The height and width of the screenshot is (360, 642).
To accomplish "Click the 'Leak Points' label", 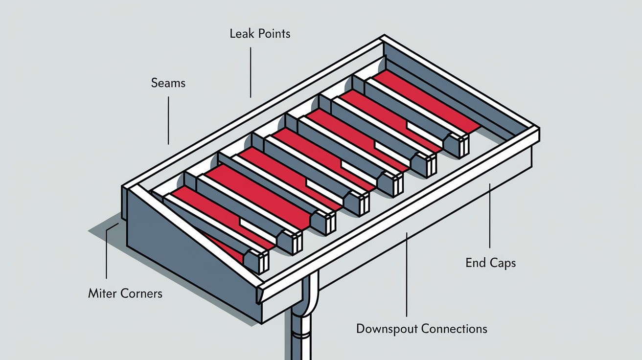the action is click(260, 34).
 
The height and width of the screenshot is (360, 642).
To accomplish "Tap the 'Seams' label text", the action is click(168, 83).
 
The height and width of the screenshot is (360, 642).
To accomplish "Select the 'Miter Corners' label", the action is click(125, 293).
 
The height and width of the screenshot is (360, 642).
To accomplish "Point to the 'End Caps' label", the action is click(490, 263).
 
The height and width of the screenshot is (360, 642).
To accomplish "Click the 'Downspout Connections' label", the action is click(422, 329).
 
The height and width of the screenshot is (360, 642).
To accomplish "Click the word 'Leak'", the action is click(242, 34).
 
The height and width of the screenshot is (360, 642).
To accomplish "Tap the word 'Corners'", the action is click(141, 293).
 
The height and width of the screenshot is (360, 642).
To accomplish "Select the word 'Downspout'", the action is click(387, 329).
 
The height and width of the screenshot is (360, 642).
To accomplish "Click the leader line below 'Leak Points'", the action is click(251, 72).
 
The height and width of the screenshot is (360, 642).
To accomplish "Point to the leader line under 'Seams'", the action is click(168, 120).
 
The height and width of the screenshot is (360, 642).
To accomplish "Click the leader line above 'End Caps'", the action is click(490, 216).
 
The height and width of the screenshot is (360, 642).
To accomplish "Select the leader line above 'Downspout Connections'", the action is click(407, 274).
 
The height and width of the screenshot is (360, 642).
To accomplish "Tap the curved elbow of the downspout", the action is click(308, 295).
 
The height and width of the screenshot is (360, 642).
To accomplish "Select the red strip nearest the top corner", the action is click(427, 100).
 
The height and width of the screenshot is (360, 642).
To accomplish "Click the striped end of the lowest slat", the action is click(264, 263).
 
